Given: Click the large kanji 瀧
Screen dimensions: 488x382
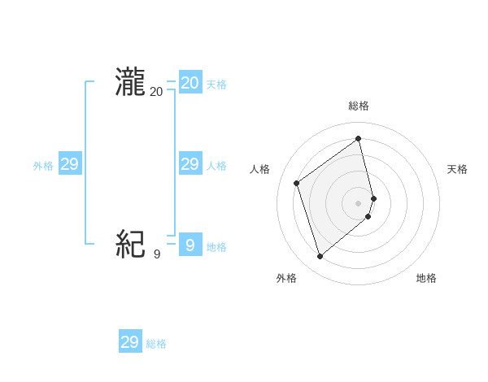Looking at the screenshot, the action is [130, 83].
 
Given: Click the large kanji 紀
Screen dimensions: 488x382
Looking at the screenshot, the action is [130, 243].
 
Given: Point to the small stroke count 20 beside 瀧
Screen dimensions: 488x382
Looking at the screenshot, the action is [156, 93].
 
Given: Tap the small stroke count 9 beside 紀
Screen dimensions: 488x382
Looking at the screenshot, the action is [156, 254].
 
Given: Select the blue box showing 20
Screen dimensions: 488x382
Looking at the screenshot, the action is [190, 83].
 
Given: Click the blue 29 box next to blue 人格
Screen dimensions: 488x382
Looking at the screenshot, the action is [190, 164].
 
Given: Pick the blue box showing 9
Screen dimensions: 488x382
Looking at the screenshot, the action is [190, 244].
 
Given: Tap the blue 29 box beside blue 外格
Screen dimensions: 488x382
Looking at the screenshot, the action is [69, 164].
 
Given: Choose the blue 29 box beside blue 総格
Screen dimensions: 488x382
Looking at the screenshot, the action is [130, 342].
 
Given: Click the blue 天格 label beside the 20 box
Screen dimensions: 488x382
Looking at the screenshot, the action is [216, 85].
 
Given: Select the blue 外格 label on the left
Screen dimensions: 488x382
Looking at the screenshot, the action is [43, 166].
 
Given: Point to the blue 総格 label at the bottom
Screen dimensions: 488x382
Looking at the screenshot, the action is [156, 344].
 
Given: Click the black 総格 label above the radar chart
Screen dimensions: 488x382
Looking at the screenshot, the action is [359, 106].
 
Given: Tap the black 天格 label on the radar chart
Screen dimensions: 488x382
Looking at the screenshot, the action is [458, 169].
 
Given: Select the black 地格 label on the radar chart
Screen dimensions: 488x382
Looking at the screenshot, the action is [426, 278].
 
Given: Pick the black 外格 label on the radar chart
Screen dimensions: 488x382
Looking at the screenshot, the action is [286, 278].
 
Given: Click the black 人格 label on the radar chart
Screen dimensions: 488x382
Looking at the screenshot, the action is [259, 169].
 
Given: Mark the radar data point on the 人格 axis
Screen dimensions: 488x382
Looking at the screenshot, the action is [297, 183].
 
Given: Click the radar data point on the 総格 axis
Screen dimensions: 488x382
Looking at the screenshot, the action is [359, 138].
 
